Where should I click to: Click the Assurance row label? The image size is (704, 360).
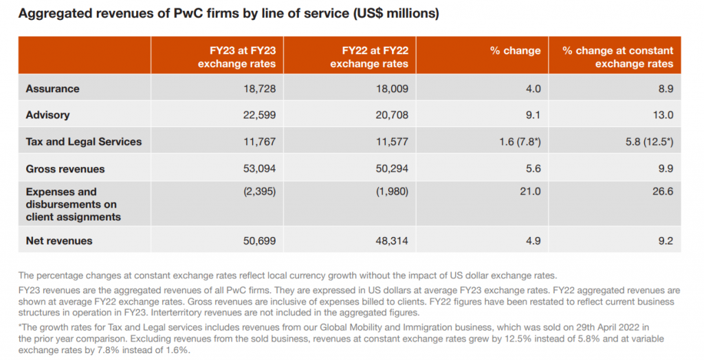click(52, 89)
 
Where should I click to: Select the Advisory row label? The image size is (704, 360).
click(47, 115)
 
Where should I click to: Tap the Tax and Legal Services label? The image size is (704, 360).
click(83, 142)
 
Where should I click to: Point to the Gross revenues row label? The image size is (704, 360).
click(65, 168)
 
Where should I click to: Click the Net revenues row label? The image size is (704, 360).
click(58, 241)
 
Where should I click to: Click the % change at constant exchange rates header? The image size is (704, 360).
click(617, 57)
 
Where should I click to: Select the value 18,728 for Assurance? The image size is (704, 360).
click(260, 89)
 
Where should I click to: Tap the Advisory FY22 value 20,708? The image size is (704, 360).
click(393, 115)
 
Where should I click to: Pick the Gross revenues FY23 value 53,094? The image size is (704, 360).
click(260, 168)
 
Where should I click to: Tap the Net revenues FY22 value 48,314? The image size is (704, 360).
click(393, 241)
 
